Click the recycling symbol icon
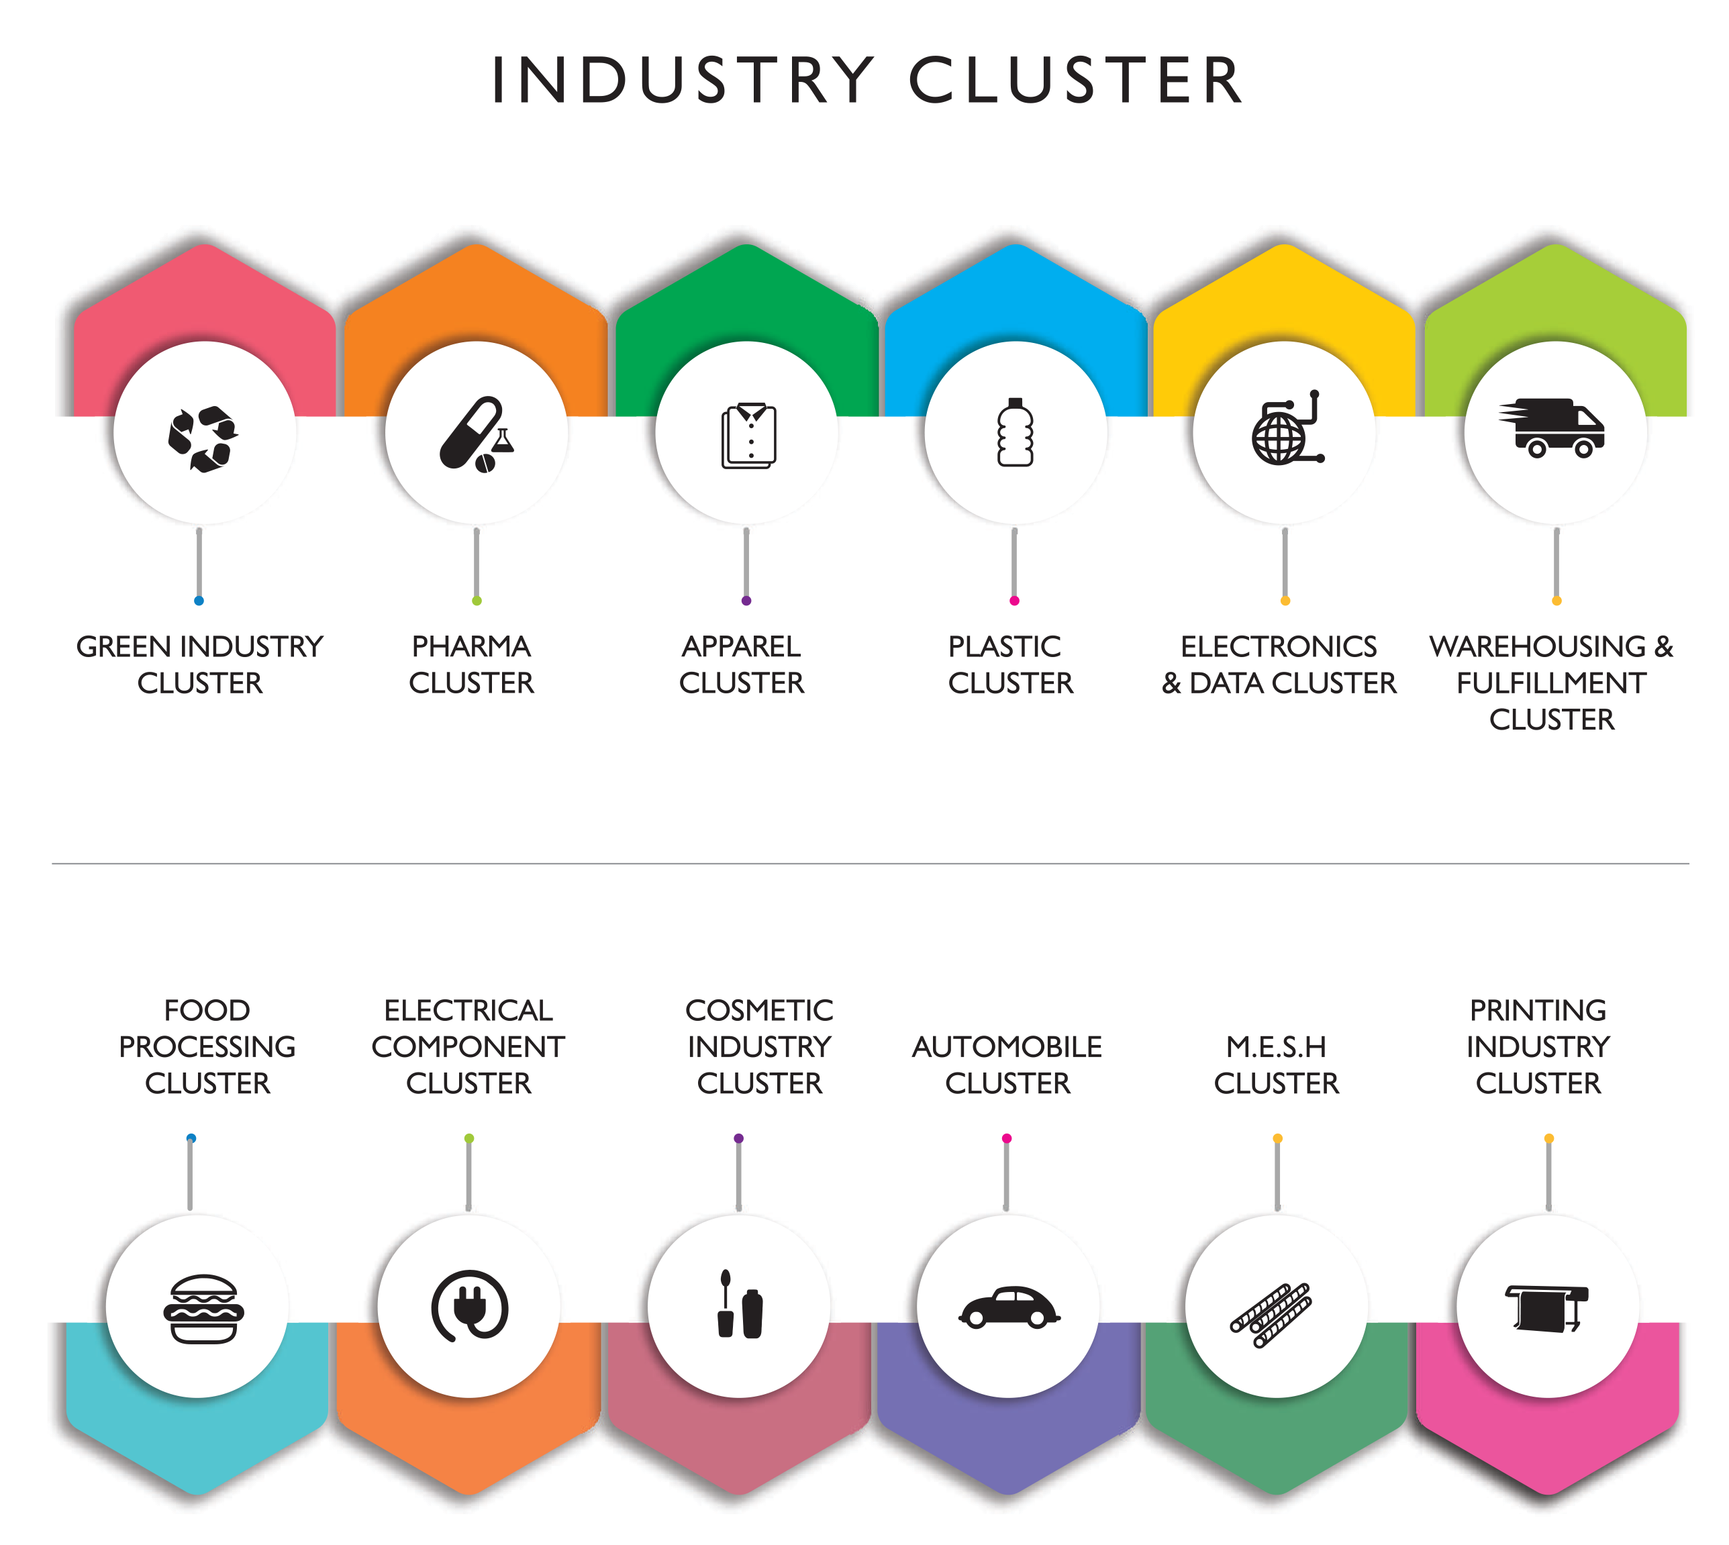[202, 438]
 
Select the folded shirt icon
[748, 436]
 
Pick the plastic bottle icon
[1015, 432]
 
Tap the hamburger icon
[203, 1308]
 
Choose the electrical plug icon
[469, 1305]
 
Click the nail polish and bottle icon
[739, 1304]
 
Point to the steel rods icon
[1271, 1314]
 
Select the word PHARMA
[471, 647]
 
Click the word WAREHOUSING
[1537, 647]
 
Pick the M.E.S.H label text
[1276, 1047]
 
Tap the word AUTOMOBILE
[1007, 1047]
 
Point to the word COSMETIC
[759, 1010]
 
